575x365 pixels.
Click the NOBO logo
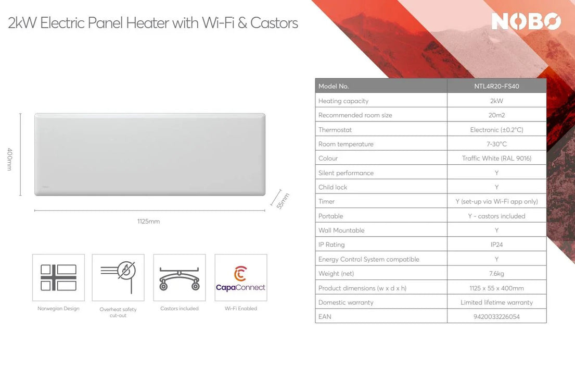(526, 21)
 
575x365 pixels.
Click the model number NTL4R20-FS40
(496, 87)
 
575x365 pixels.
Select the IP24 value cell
(496, 245)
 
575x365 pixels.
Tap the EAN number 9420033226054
(496, 317)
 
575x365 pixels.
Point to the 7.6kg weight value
(496, 273)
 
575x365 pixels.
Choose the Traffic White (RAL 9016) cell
(496, 159)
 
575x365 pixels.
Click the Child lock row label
(333, 187)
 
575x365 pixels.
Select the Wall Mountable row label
(341, 230)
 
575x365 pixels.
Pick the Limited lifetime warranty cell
(496, 302)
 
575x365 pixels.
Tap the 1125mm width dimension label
(148, 222)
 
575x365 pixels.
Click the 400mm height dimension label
(10, 159)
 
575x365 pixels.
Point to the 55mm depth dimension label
(283, 201)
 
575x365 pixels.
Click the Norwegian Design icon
(58, 277)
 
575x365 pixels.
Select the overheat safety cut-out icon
(118, 277)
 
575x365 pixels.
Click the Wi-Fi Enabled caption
(240, 309)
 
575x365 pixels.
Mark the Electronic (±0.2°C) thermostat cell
(496, 130)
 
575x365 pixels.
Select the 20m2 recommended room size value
(496, 115)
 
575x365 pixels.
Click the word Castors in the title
(274, 23)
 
